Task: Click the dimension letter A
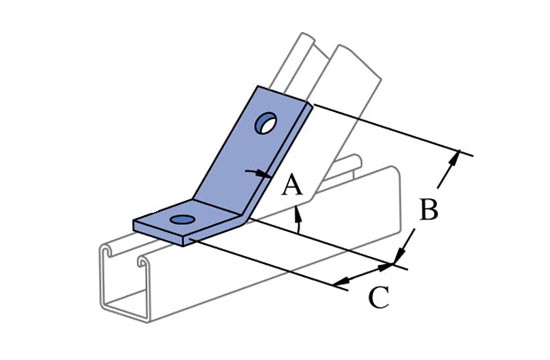292,186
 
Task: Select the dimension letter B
429,209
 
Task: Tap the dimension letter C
379,297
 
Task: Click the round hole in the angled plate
266,123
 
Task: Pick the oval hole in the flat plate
182,220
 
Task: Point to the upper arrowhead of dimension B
454,158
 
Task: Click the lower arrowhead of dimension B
399,254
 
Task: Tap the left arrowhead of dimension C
342,281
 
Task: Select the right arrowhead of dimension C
385,267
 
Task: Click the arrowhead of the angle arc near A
297,213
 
